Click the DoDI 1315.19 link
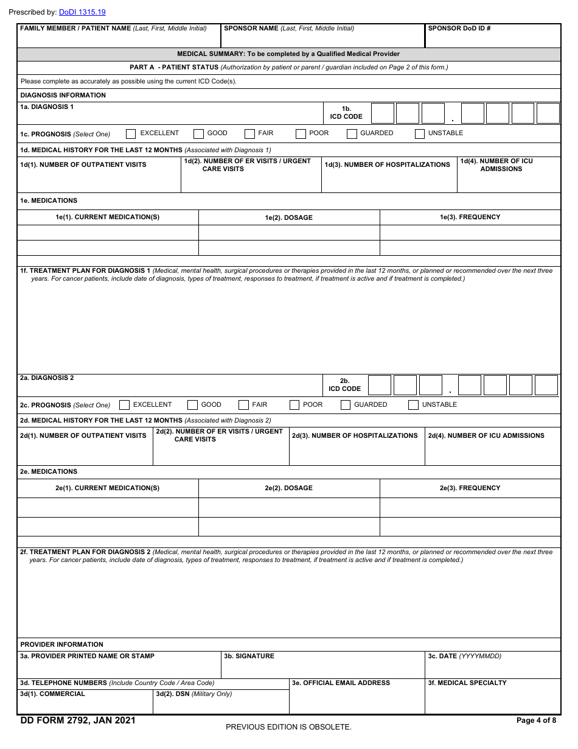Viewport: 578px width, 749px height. click(82, 12)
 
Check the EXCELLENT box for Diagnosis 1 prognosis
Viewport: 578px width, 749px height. click(131, 134)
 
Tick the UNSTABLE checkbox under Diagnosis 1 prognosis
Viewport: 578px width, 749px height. click(419, 134)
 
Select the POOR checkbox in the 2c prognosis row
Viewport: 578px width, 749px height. click(294, 405)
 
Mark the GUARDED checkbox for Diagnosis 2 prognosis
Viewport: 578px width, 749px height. click(346, 405)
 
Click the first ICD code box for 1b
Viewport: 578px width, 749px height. click(383, 114)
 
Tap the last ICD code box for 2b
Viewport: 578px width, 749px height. click(546, 385)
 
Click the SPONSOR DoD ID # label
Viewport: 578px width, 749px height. click(459, 29)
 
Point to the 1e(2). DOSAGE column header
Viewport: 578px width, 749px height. click(289, 217)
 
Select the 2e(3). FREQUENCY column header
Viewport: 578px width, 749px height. click(470, 488)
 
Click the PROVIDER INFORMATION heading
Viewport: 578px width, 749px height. click(62, 644)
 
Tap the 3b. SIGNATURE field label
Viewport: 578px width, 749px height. click(249, 656)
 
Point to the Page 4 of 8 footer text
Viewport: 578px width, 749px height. click(536, 721)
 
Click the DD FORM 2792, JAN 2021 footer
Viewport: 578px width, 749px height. click(78, 721)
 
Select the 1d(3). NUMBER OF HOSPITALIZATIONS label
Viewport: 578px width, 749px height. click(388, 165)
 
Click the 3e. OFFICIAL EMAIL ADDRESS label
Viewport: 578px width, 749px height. click(341, 683)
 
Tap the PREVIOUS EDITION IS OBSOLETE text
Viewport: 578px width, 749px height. click(288, 727)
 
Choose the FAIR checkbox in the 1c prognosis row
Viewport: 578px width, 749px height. click(249, 134)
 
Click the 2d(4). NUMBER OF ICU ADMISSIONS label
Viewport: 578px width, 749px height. click(486, 436)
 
